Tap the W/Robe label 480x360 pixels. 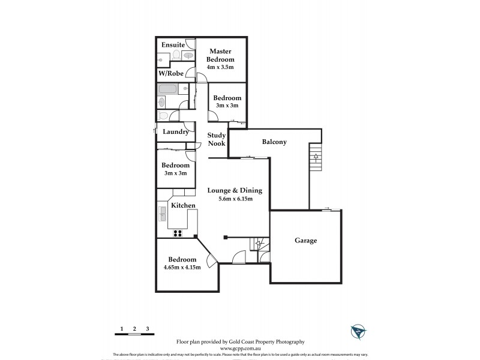coord(170,73)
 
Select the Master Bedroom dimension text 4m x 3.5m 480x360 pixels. coord(220,67)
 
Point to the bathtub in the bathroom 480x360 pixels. coord(167,89)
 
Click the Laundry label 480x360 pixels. coord(176,131)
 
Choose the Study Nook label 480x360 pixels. coord(216,139)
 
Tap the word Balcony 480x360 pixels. coord(274,142)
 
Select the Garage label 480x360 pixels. coord(305,241)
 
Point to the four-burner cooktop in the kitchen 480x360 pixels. coord(178,233)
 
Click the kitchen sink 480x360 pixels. coord(163,212)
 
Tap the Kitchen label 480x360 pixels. coord(183,206)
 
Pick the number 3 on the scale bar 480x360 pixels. coord(148,329)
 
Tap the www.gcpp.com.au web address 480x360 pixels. coord(241,348)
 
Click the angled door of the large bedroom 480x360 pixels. coord(211,260)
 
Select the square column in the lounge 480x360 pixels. coord(226,236)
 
